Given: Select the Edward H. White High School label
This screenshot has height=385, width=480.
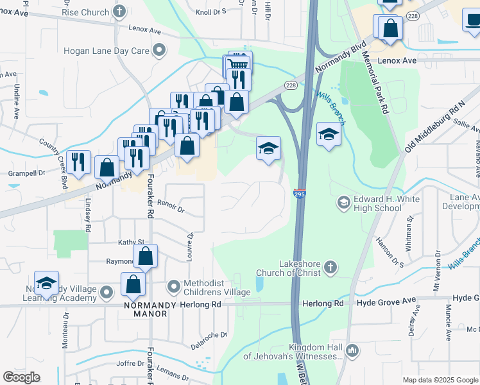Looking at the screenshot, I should [x=387, y=203].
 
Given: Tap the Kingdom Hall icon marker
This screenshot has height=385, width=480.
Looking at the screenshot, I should [x=351, y=350].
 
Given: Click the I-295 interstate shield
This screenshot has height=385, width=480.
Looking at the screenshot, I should [x=300, y=193].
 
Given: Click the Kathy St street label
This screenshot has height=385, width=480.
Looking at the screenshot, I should [x=130, y=242].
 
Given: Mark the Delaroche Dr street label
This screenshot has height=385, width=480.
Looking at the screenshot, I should [x=209, y=341].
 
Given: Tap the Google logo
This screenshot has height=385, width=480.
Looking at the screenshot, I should [x=22, y=377].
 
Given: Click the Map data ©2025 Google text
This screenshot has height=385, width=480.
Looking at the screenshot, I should [x=440, y=380].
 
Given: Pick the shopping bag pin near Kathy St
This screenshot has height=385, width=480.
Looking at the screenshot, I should [x=146, y=256].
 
